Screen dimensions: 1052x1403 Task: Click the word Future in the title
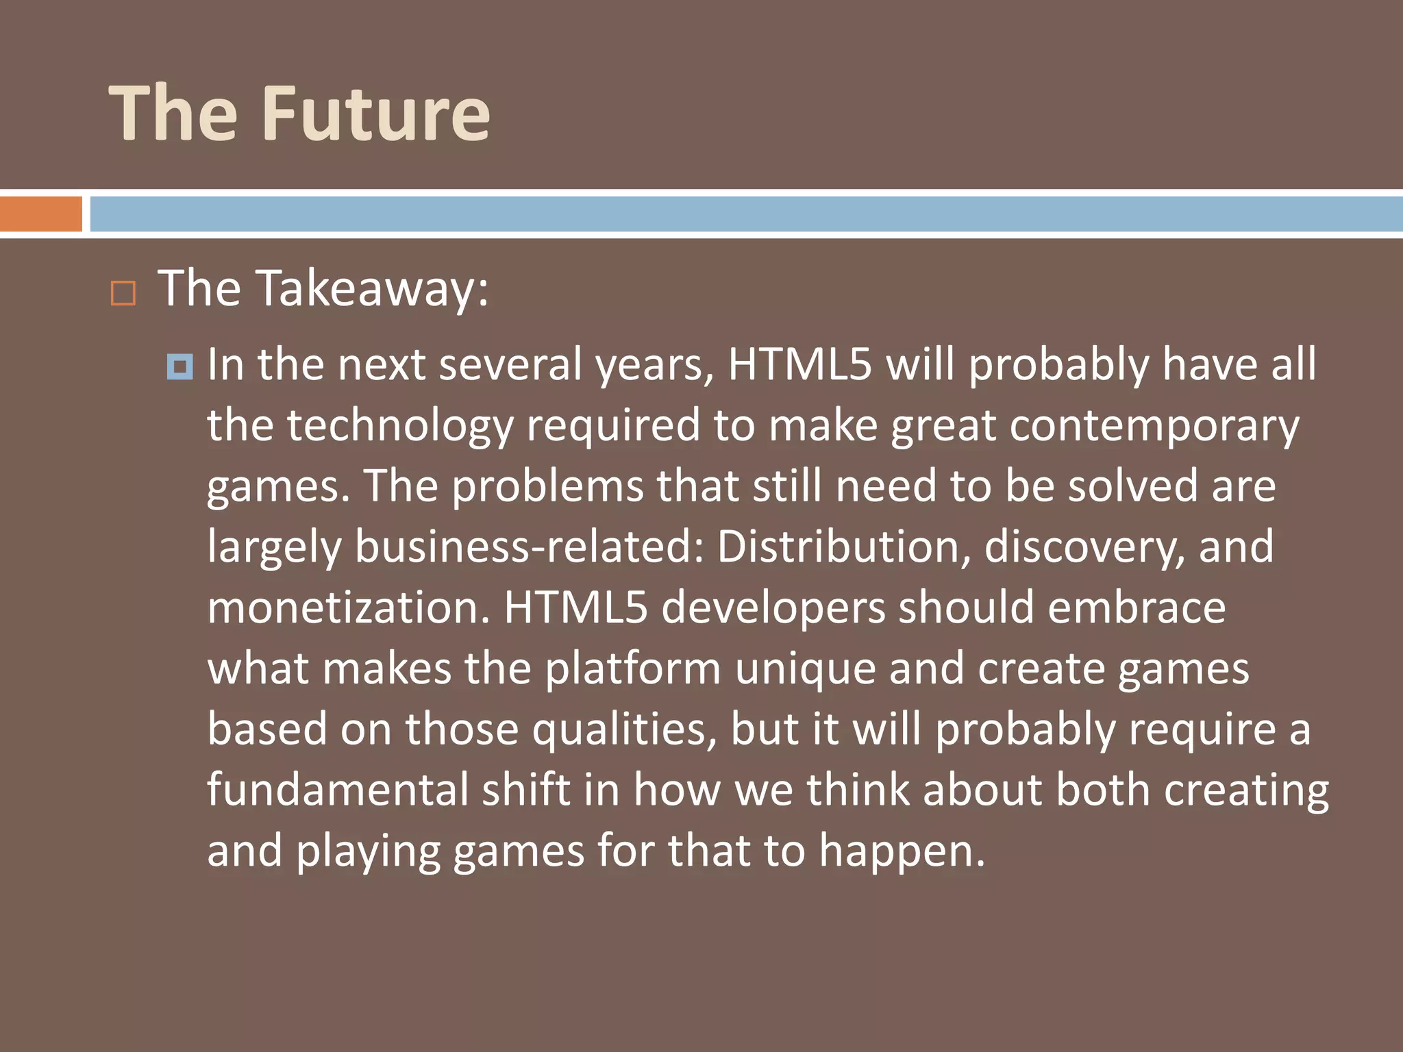coord(376,114)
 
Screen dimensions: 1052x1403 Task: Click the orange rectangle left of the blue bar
coord(40,214)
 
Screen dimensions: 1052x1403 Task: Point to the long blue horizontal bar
coord(746,214)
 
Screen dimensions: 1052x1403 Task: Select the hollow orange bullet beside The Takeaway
coord(123,293)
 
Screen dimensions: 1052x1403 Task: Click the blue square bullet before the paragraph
coord(180,367)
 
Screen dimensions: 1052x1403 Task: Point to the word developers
coord(773,608)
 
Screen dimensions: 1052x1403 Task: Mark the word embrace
coord(1137,608)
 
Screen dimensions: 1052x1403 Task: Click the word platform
coord(633,668)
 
